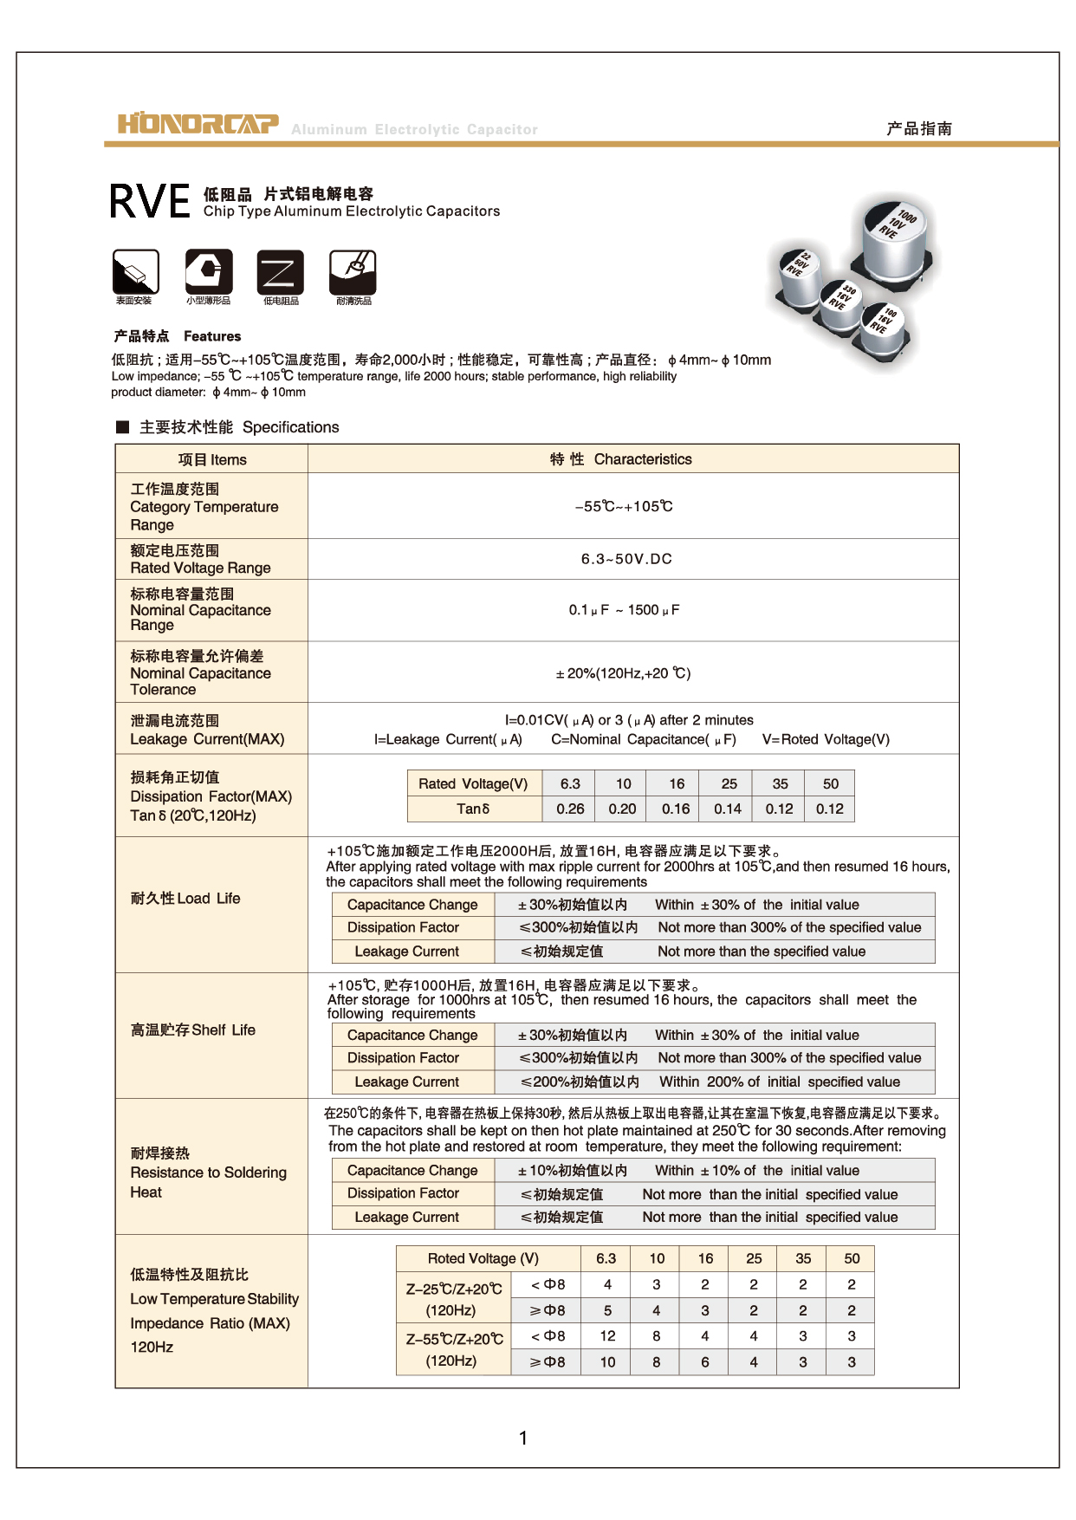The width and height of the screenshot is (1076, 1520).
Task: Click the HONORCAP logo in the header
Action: [x=198, y=124]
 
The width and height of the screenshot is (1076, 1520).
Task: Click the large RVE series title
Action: [x=150, y=202]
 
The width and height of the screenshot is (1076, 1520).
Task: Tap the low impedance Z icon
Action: [x=280, y=272]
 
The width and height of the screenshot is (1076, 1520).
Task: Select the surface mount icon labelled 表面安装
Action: [x=136, y=272]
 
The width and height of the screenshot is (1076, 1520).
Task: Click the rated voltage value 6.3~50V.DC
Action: [x=626, y=559]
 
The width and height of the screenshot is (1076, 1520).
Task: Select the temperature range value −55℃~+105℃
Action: [x=624, y=506]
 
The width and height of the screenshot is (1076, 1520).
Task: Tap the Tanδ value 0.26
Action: [x=570, y=809]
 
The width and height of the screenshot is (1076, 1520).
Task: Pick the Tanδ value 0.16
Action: [x=676, y=809]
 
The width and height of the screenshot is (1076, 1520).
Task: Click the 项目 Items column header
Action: [x=212, y=459]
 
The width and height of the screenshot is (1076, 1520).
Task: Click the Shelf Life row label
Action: [x=193, y=1030]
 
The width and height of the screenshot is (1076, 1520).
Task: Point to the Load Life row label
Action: [x=185, y=899]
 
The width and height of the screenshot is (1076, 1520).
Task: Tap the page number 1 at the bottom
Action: [x=523, y=1438]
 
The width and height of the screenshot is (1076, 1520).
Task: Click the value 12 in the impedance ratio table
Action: [x=607, y=1336]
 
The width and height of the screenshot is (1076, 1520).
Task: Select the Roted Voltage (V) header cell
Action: [x=483, y=1258]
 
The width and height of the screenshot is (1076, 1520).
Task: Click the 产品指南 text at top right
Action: [x=919, y=128]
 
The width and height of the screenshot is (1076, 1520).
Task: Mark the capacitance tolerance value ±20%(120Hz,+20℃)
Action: [x=624, y=673]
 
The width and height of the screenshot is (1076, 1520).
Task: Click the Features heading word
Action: [x=212, y=336]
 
